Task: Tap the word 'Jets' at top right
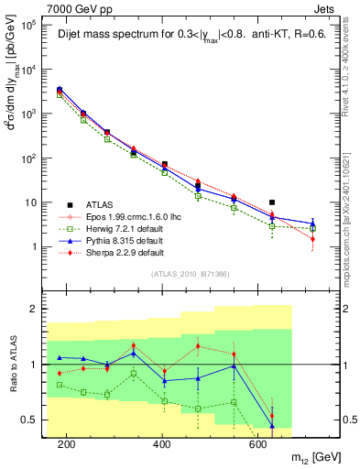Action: click(x=325, y=8)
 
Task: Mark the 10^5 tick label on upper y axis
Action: click(x=30, y=25)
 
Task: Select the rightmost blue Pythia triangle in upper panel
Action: click(x=312, y=223)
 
